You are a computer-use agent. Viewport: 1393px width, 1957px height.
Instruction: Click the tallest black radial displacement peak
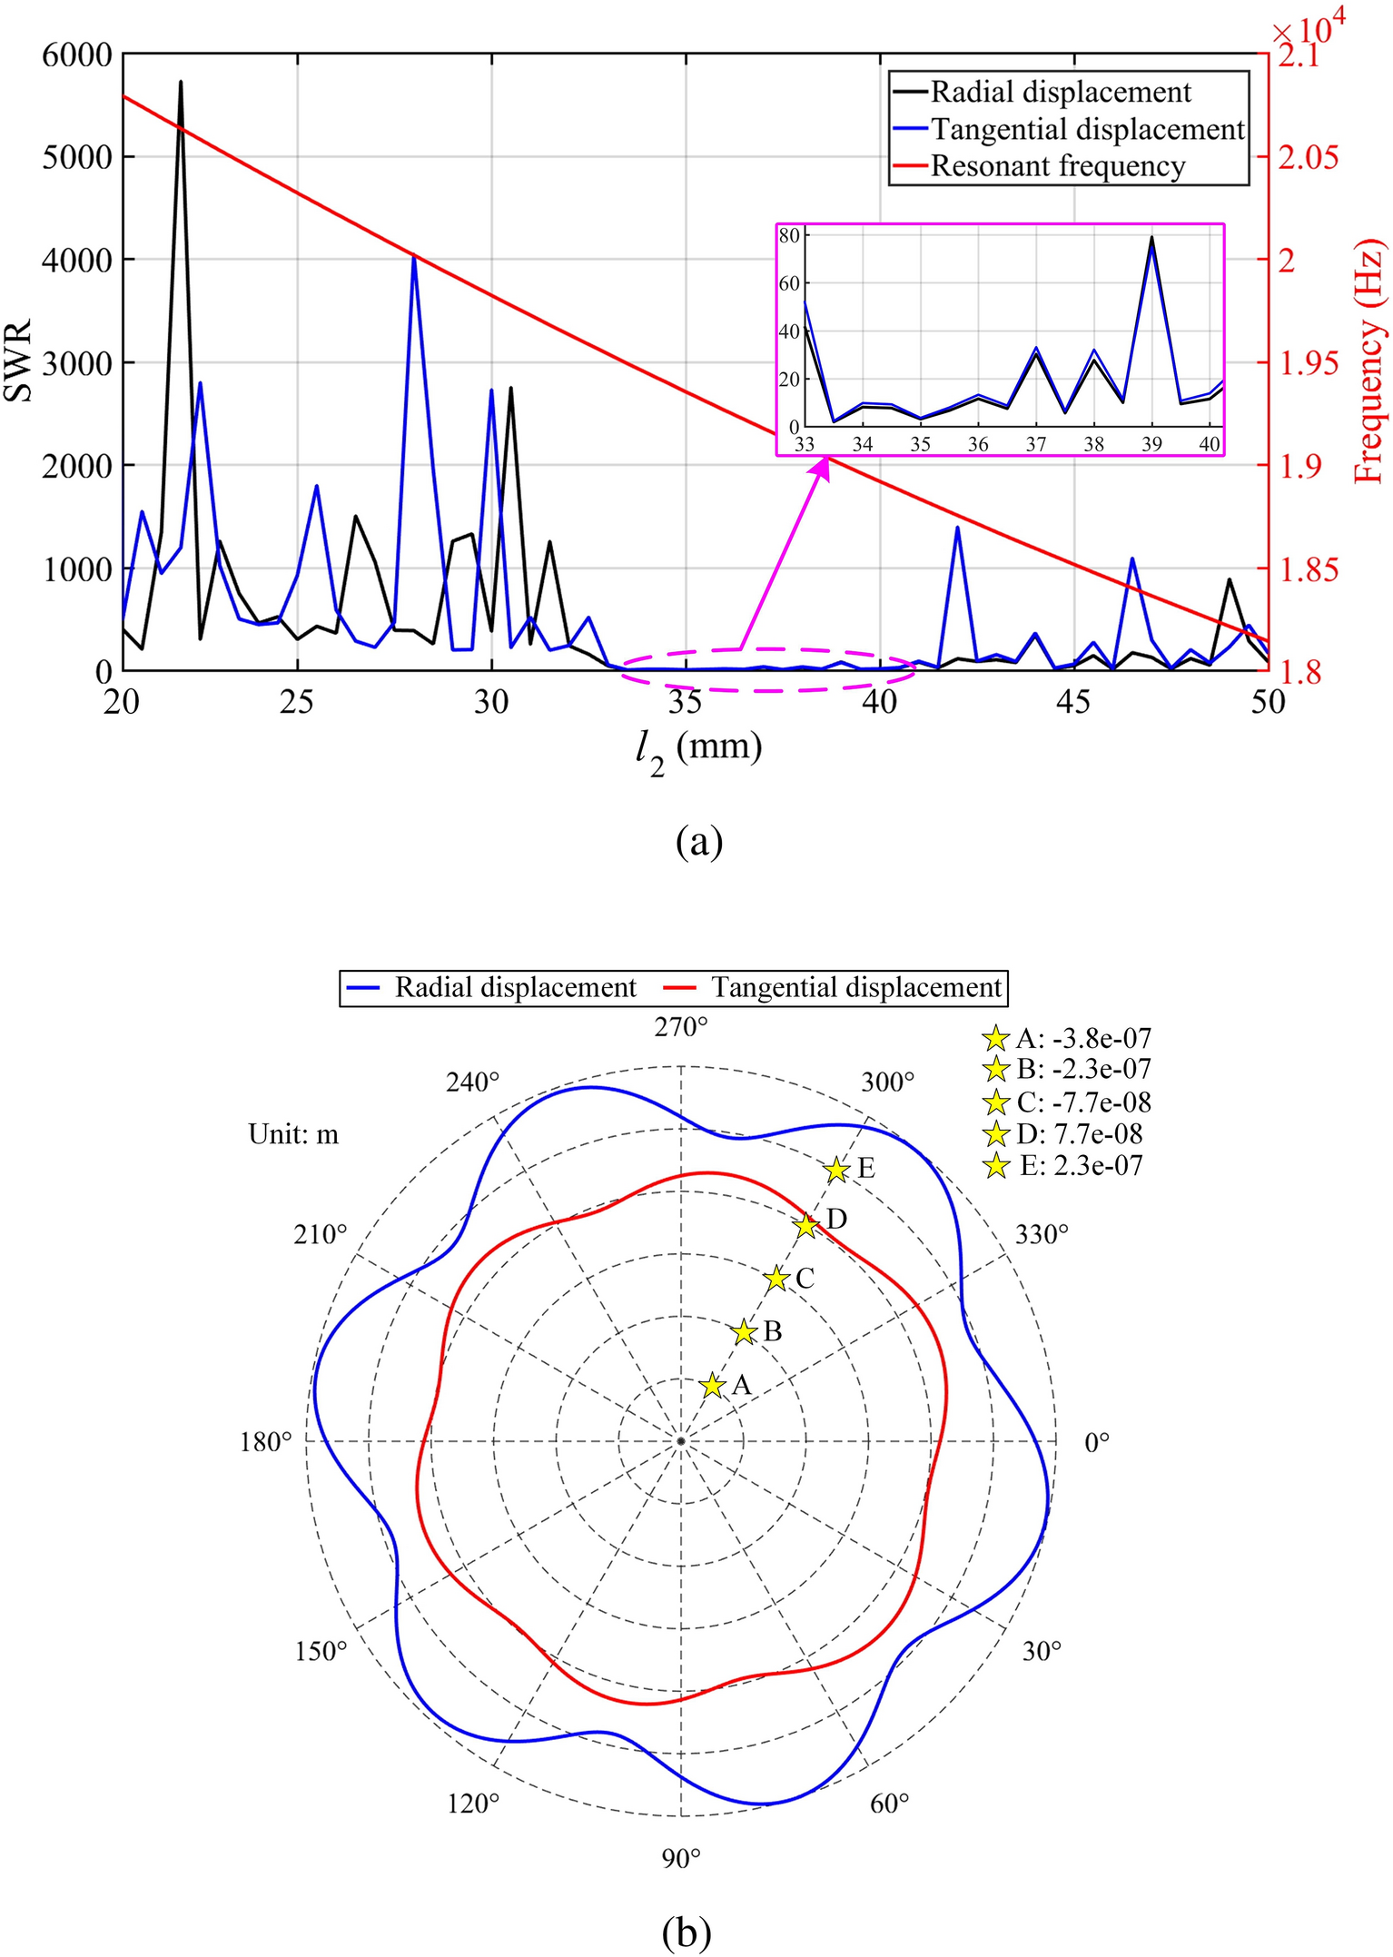click(181, 84)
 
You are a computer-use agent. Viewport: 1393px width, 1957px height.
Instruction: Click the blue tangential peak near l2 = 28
click(414, 258)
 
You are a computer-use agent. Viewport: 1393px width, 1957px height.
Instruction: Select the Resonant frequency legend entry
click(1058, 167)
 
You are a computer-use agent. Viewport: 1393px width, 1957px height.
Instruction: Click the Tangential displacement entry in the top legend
click(1087, 130)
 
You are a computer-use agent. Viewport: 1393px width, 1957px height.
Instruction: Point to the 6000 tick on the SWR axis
click(77, 55)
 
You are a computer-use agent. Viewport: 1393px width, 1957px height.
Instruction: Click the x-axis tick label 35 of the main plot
click(685, 702)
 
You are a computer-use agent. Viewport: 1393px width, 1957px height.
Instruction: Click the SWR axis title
click(18, 361)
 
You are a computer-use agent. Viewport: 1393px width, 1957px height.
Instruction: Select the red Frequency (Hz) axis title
click(1370, 361)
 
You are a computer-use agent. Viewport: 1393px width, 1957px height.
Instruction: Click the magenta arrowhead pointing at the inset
click(823, 466)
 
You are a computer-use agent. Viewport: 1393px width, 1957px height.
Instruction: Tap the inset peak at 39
click(1151, 239)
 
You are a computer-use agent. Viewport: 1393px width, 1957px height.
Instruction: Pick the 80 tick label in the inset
click(788, 236)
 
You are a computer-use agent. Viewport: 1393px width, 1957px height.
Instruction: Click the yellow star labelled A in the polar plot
click(713, 1386)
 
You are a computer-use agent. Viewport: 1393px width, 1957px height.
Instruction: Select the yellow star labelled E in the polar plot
click(837, 1171)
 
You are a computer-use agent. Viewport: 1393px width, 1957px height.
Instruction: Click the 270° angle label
click(681, 1027)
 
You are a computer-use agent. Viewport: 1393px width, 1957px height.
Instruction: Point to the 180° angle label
click(265, 1441)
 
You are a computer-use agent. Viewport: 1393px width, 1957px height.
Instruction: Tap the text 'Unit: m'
click(293, 1135)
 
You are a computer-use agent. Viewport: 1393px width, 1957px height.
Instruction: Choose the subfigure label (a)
click(699, 842)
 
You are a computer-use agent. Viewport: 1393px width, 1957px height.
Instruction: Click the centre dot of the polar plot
click(681, 1441)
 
